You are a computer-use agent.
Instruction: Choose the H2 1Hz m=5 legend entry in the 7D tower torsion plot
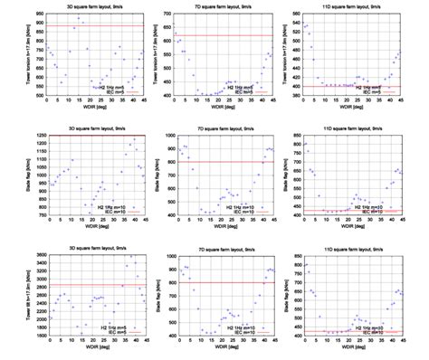pyautogui.click(x=237, y=86)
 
